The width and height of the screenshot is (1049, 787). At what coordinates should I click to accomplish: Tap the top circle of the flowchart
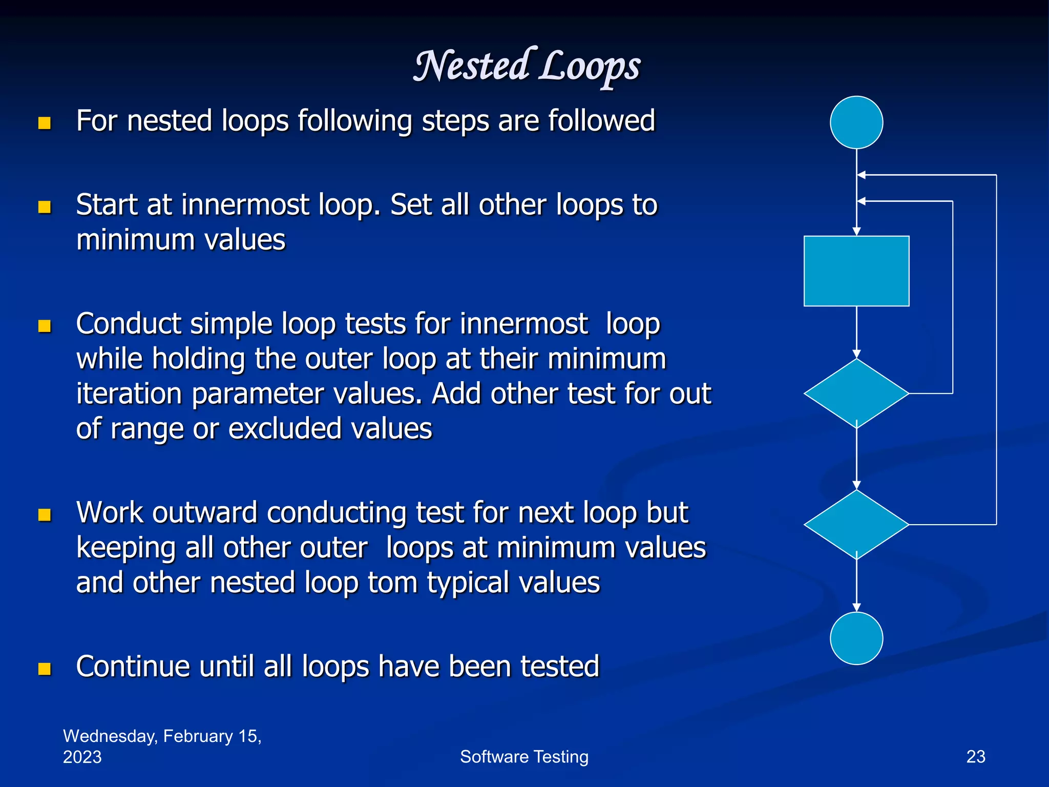(x=856, y=122)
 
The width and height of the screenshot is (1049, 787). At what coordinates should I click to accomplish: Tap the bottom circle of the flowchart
(x=856, y=638)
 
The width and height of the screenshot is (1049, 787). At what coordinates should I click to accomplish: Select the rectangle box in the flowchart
(x=856, y=271)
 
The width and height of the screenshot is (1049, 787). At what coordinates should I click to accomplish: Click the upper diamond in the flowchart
(x=856, y=393)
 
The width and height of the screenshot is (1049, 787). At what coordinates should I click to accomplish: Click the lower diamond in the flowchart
(x=856, y=525)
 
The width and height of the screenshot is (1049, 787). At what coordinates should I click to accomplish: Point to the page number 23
(x=976, y=757)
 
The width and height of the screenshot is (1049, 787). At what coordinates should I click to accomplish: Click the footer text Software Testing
(x=524, y=757)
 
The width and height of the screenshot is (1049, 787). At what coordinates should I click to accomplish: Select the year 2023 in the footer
(x=82, y=757)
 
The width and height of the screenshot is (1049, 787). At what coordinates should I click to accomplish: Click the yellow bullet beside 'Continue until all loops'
(x=45, y=669)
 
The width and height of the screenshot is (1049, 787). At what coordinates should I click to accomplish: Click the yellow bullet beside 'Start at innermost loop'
(x=45, y=207)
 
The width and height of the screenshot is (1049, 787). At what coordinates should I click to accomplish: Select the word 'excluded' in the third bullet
(x=285, y=429)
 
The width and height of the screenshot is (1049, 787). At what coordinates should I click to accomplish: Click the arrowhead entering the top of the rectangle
(x=856, y=232)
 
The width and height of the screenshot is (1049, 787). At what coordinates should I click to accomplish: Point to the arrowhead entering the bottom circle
(x=856, y=608)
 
